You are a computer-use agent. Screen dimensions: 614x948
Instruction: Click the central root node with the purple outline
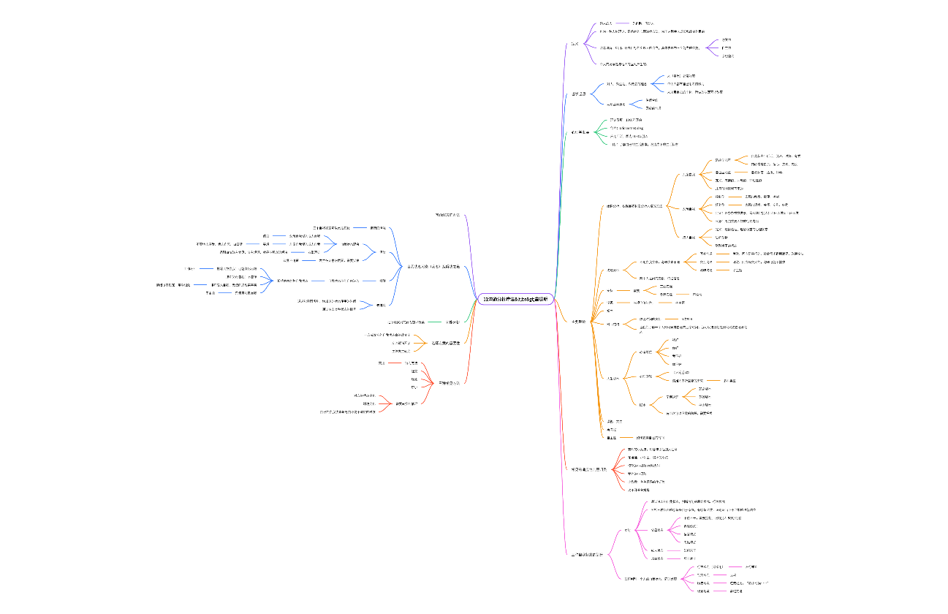click(515, 299)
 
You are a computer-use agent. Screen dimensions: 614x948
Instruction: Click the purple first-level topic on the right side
click(575, 45)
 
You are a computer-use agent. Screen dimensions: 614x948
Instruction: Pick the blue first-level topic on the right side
click(579, 94)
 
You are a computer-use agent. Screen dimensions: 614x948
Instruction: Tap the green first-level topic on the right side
click(580, 132)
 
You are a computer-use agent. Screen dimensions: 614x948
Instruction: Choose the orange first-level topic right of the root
click(577, 321)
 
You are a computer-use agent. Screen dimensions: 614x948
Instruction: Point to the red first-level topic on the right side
click(588, 469)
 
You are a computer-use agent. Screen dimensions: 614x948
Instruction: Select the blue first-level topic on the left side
click(433, 266)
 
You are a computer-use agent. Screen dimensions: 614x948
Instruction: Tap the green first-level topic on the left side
click(453, 322)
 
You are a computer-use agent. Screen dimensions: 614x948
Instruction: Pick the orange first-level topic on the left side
click(445, 343)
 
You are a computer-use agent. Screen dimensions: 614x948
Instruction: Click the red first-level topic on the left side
click(449, 382)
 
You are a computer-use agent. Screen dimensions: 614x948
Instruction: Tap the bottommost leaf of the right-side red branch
click(644, 489)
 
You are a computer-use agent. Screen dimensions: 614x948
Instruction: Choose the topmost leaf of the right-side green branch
click(626, 119)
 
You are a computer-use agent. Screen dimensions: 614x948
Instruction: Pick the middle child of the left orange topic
click(401, 343)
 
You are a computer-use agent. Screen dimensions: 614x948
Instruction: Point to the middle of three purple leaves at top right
click(727, 48)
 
